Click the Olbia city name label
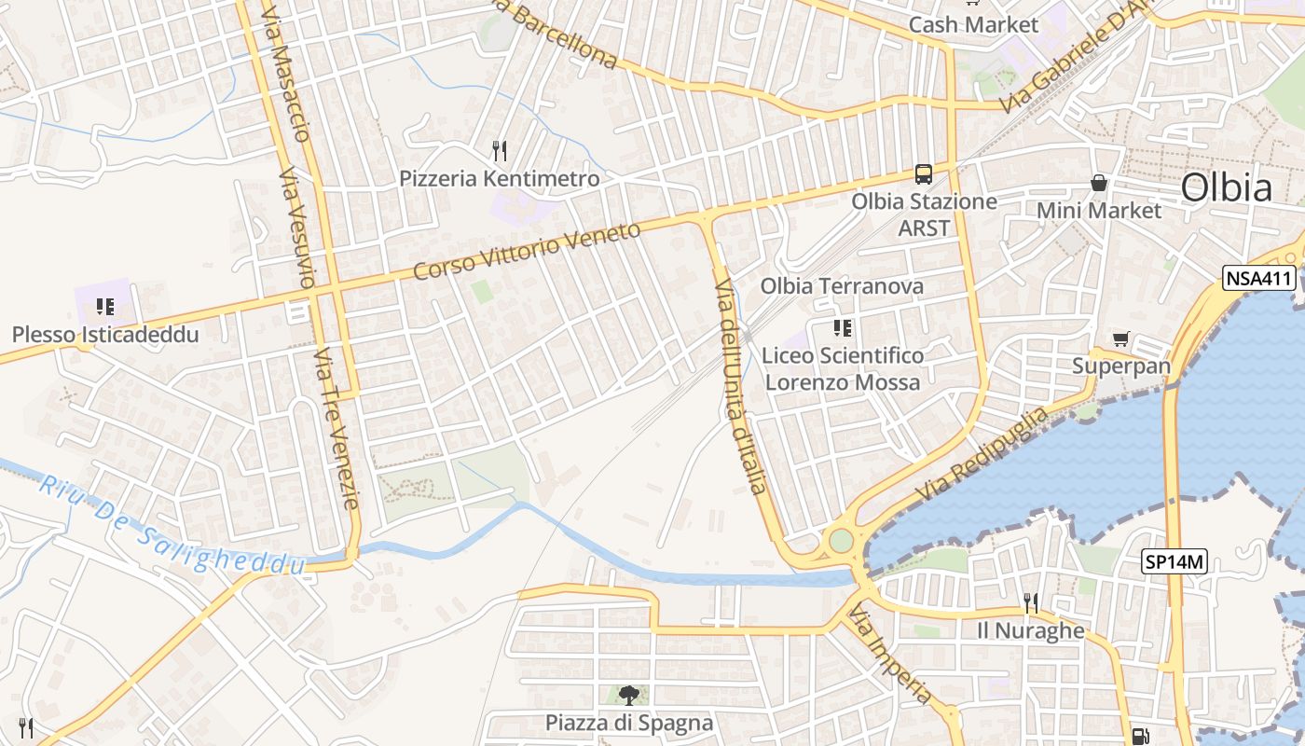click(x=1226, y=187)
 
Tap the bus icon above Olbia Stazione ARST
click(x=924, y=173)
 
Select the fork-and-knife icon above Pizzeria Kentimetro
click(x=500, y=150)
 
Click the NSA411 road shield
click(x=1259, y=277)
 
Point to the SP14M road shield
click(x=1174, y=561)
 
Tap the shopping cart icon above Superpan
click(x=1120, y=339)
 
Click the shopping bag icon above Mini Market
click(x=1099, y=183)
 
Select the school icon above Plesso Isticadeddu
click(x=104, y=307)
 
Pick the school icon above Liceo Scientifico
click(x=843, y=327)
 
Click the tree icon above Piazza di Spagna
click(x=629, y=695)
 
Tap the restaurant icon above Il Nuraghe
click(x=1030, y=603)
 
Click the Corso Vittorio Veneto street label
click(x=527, y=250)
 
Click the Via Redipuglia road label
click(x=982, y=452)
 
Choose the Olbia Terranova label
click(x=842, y=285)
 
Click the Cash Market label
click(x=973, y=24)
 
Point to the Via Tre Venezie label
click(x=336, y=429)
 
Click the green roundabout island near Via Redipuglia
click(x=841, y=540)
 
